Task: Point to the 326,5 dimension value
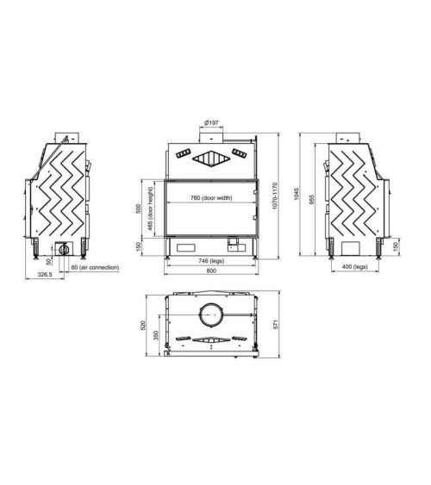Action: point(45,274)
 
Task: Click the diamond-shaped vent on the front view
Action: point(211,157)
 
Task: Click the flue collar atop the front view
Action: point(211,137)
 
